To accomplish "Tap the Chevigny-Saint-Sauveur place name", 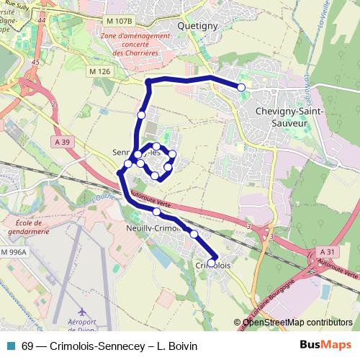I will (x=288, y=117).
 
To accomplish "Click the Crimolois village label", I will (x=213, y=265).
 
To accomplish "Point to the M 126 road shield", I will (x=100, y=71).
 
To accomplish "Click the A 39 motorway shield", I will (x=63, y=143).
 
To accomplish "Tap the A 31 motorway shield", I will (x=328, y=251).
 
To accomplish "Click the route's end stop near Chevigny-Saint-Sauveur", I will (x=241, y=87).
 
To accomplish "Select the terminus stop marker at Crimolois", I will (x=212, y=262).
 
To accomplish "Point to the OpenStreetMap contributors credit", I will (x=297, y=323).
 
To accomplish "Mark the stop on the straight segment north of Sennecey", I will (x=142, y=114).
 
